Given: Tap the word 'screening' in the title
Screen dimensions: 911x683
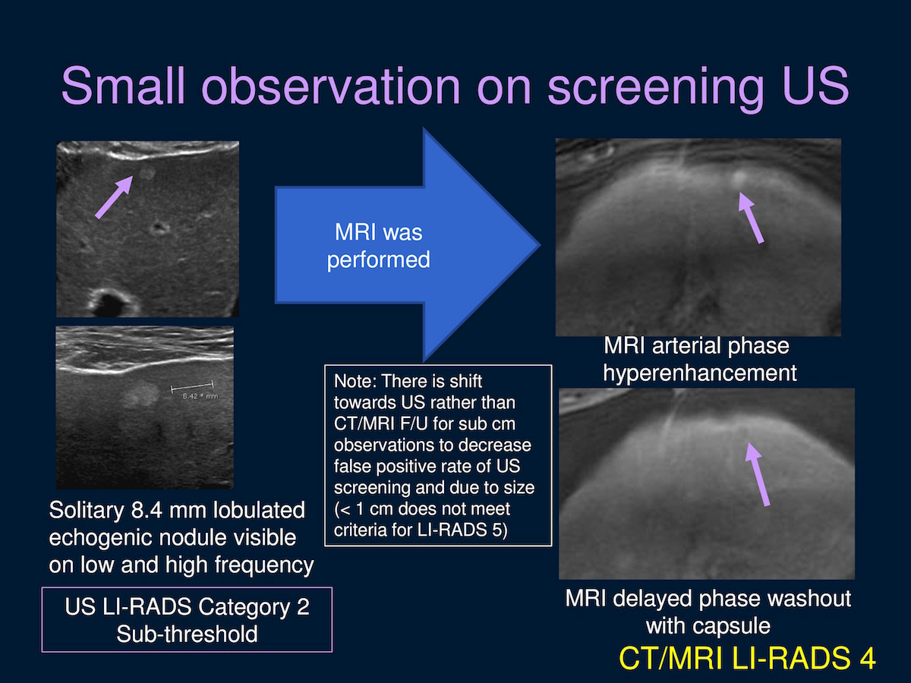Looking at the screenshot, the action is [x=656, y=88].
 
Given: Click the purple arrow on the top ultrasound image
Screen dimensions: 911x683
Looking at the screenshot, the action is [x=114, y=197].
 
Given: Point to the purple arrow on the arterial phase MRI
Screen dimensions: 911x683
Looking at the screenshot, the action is [x=751, y=218].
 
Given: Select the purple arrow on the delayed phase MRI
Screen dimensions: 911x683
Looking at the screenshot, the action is [x=758, y=474].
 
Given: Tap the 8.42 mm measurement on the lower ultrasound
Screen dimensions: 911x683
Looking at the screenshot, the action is [x=200, y=396].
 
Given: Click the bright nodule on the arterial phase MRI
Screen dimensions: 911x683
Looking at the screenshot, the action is [x=739, y=180].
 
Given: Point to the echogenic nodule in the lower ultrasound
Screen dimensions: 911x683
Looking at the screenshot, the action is [x=141, y=393].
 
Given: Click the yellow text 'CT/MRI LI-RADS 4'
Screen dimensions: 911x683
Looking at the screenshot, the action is [x=747, y=658].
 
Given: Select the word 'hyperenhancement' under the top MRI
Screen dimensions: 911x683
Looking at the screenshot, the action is [x=700, y=373].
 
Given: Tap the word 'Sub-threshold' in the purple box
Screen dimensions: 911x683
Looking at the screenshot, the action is [x=188, y=634].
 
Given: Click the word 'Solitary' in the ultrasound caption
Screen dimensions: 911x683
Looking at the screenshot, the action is [x=87, y=511].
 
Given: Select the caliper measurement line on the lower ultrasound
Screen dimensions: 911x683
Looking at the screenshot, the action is [x=192, y=387].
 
